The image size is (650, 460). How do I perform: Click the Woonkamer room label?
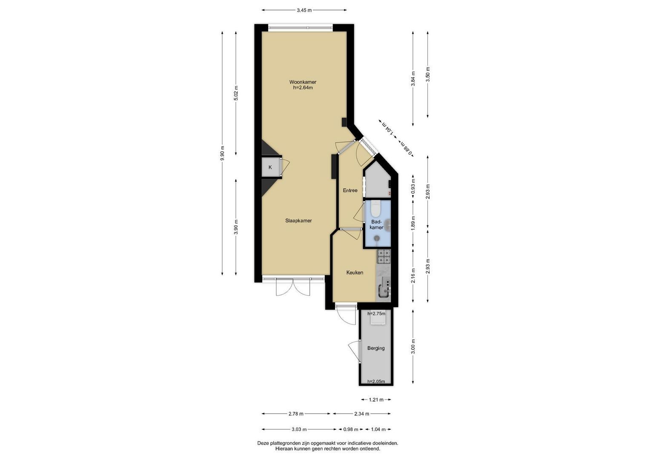pyautogui.click(x=302, y=82)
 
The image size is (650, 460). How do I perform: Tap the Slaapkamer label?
pyautogui.click(x=298, y=221)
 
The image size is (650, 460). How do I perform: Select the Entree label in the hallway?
pyautogui.click(x=350, y=190)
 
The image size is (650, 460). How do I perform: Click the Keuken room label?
pyautogui.click(x=355, y=273)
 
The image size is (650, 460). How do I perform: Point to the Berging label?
pyautogui.click(x=376, y=348)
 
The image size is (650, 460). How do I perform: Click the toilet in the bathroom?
pyautogui.click(x=376, y=209)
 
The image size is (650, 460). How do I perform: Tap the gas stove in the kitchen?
pyautogui.click(x=384, y=256)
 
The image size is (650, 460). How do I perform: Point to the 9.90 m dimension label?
pyautogui.click(x=222, y=153)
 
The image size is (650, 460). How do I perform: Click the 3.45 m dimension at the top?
pyautogui.click(x=304, y=10)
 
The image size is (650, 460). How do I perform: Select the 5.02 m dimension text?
pyautogui.click(x=236, y=93)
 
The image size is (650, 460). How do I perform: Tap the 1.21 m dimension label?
pyautogui.click(x=376, y=400)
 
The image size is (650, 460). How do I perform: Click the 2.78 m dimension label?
pyautogui.click(x=296, y=414)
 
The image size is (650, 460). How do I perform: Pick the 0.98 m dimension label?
pyautogui.click(x=351, y=429)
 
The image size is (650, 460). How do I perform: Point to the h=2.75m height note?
pyautogui.click(x=376, y=313)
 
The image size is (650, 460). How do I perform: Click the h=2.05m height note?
pyautogui.click(x=376, y=381)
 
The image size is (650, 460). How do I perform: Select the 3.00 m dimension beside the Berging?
pyautogui.click(x=413, y=346)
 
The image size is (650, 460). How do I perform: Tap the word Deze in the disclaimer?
pyautogui.click(x=263, y=443)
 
